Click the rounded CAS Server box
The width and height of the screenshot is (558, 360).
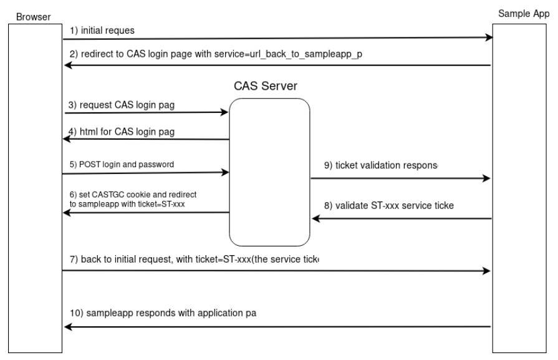point(269,172)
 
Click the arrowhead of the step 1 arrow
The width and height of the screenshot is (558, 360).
point(488,38)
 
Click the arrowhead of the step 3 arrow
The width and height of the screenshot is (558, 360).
point(224,113)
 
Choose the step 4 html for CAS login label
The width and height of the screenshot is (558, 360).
point(121,132)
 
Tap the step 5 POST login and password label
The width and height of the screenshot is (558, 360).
point(122,164)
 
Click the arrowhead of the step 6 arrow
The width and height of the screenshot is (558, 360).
point(68,213)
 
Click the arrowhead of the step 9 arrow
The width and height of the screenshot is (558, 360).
point(488,178)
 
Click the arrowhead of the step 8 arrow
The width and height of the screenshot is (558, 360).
point(315,218)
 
